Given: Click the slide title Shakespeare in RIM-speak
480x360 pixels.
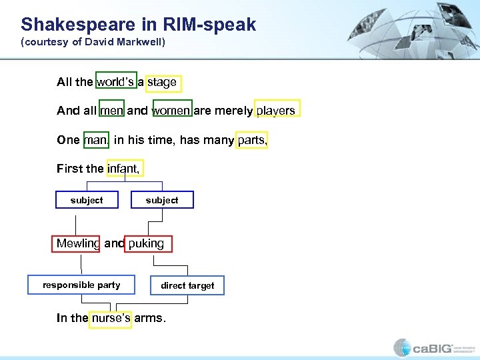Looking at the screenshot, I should pos(138,25).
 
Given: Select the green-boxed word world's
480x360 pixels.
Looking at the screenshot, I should pos(116,82).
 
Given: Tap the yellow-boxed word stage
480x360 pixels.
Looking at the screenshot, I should pos(163,83).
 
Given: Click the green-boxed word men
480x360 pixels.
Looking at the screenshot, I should pos(112,111).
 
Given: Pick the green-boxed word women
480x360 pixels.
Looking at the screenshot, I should pos(172,111).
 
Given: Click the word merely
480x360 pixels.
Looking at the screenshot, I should pos(233,111).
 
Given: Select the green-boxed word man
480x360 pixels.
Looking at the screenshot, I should pos(95,140).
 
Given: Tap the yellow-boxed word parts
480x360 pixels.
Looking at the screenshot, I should pos(251,140).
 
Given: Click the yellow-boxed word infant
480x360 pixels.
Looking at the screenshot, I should pos(123,169).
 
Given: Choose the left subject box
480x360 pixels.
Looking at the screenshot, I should pos(87,200).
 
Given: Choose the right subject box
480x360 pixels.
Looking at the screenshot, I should pos(162,200).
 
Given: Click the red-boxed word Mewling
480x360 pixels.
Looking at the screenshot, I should pos(77,243).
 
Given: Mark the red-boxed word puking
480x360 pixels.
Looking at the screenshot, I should pos(147,243).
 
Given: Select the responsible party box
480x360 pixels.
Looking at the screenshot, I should pos(81,285).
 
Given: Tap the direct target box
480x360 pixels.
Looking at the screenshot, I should pos(187,285).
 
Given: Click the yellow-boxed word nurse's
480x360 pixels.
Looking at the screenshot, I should pos(111,318).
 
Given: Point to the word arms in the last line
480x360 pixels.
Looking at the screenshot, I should pos(149,318).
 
